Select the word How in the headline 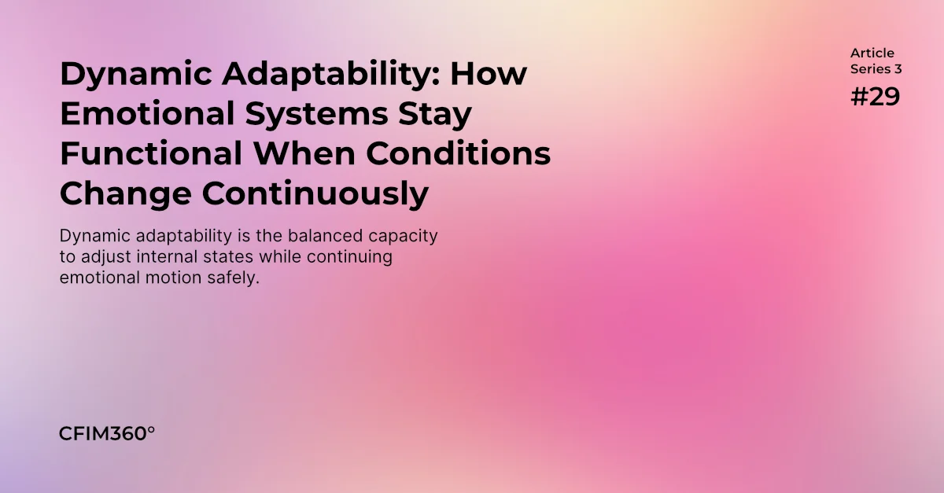tap(489, 74)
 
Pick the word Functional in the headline tap(151, 153)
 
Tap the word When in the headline tap(304, 153)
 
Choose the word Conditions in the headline tap(459, 153)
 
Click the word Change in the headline tap(126, 195)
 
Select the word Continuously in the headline tap(315, 195)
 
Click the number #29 tap(876, 97)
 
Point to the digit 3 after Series tap(898, 69)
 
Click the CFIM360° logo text tap(107, 433)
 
